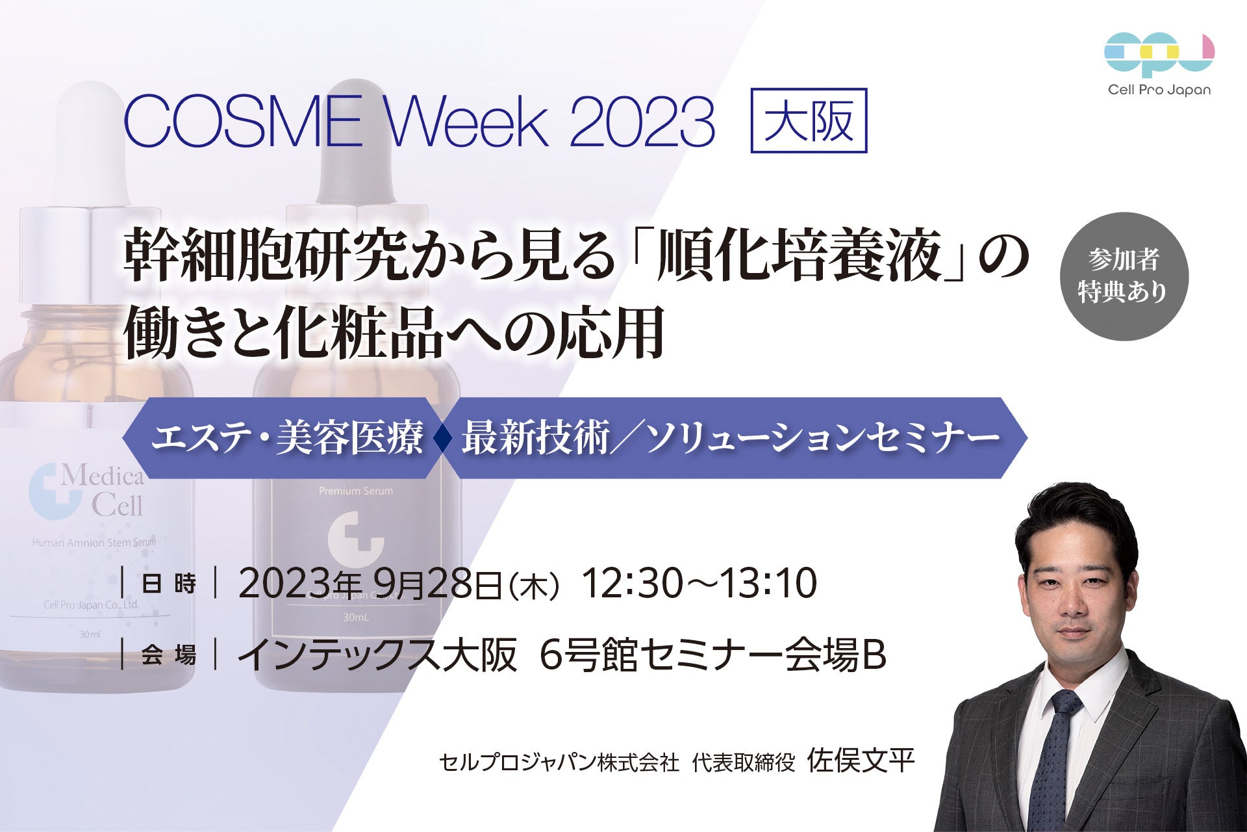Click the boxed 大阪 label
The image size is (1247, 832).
[809, 121]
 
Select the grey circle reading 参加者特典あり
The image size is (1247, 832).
[1124, 276]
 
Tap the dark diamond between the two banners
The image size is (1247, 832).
[444, 439]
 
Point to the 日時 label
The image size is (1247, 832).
[169, 584]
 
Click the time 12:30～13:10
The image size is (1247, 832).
[699, 583]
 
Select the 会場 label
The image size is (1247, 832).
[169, 655]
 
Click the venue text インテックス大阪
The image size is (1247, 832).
[377, 655]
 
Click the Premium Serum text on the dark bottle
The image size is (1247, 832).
[356, 491]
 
